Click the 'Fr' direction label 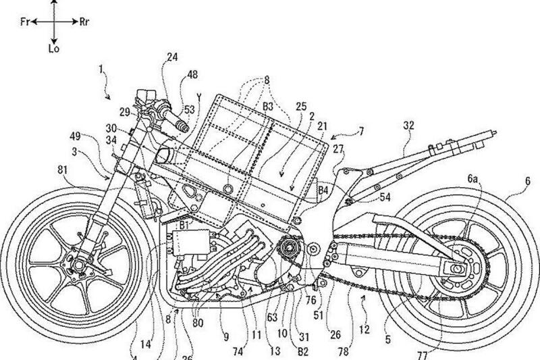coord(23,22)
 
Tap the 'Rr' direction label coord(86,22)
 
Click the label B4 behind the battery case coord(325,190)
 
